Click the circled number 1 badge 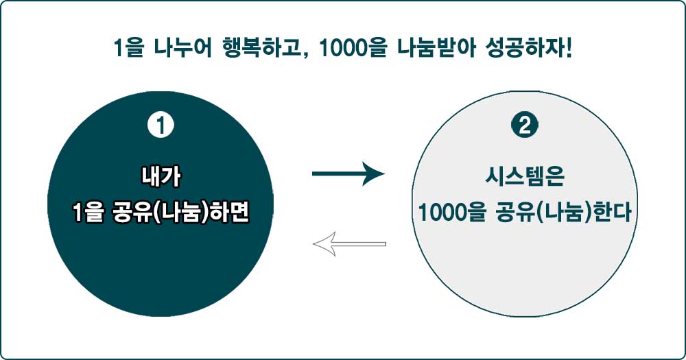tap(161, 126)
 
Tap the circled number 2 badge tap(525, 126)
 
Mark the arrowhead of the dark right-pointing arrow tap(375, 174)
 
